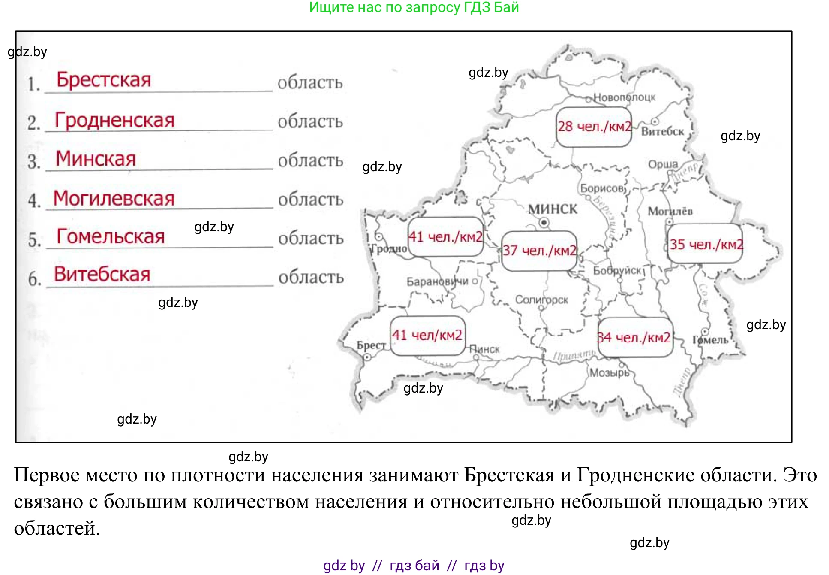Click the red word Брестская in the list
click(x=104, y=80)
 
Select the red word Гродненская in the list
click(x=115, y=120)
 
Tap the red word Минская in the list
click(x=96, y=159)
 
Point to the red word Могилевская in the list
click(x=114, y=198)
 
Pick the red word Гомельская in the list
click(x=111, y=236)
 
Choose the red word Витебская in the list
click(x=102, y=275)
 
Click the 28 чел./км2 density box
click(x=594, y=127)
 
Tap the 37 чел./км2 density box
click(x=539, y=251)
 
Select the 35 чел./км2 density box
click(x=706, y=244)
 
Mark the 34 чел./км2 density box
click(x=634, y=338)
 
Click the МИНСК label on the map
click(x=553, y=209)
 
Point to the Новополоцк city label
click(x=624, y=98)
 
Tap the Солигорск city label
click(x=541, y=300)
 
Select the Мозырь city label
click(x=609, y=373)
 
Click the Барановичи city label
click(x=437, y=281)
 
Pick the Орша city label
click(x=663, y=164)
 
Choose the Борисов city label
click(x=602, y=188)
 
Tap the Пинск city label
click(x=485, y=349)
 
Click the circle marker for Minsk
click(x=544, y=222)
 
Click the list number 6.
click(x=34, y=280)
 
